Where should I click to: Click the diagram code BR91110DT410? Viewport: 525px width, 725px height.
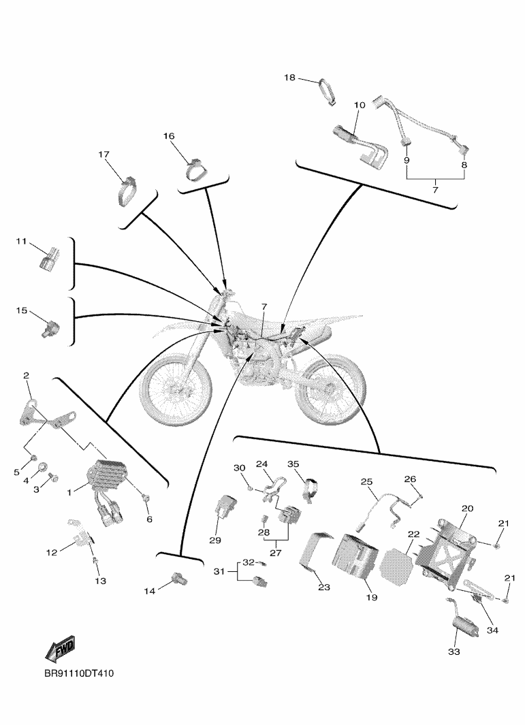(x=78, y=674)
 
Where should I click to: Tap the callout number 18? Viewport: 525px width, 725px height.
(x=289, y=78)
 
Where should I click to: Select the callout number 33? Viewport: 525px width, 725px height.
(x=454, y=651)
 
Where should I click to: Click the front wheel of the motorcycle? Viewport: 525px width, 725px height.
(x=176, y=385)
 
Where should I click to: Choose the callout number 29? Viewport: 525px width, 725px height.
(x=215, y=540)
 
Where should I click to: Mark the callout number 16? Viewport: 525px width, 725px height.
(x=169, y=136)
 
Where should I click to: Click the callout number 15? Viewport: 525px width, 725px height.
(x=22, y=310)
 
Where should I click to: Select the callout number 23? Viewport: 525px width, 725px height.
(x=324, y=587)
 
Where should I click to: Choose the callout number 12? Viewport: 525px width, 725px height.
(x=51, y=552)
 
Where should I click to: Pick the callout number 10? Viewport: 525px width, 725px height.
(x=360, y=105)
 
